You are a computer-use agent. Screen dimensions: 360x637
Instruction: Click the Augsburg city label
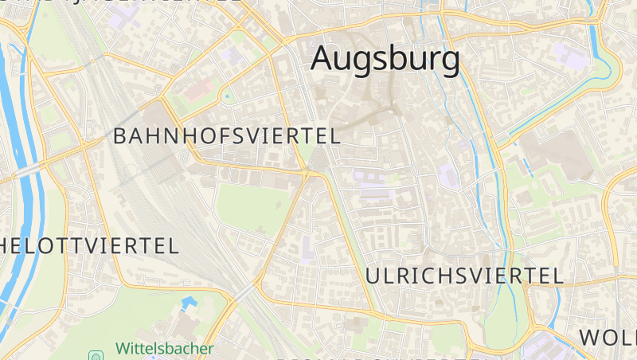pyautogui.click(x=385, y=58)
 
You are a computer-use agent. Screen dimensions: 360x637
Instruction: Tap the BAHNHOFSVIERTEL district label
pyautogui.click(x=227, y=135)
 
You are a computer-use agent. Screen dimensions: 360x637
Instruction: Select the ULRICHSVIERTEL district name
pyautogui.click(x=465, y=276)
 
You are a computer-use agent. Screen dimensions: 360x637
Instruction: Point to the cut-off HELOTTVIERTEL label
pyautogui.click(x=89, y=245)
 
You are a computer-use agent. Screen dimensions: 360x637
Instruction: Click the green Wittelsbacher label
pyautogui.click(x=165, y=348)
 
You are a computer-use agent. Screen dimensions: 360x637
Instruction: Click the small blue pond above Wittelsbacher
pyautogui.click(x=190, y=303)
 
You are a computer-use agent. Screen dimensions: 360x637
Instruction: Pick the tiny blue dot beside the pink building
pyautogui.click(x=227, y=97)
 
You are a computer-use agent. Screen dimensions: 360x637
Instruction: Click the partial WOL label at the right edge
pyautogui.click(x=608, y=337)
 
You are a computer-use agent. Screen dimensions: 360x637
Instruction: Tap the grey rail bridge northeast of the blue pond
pyautogui.click(x=244, y=292)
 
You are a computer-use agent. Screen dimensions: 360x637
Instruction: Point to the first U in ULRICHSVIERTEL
pyautogui.click(x=373, y=276)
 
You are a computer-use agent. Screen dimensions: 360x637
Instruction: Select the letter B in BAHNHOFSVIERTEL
pyautogui.click(x=120, y=135)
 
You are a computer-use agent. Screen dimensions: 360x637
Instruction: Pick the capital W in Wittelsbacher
pyautogui.click(x=123, y=348)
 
